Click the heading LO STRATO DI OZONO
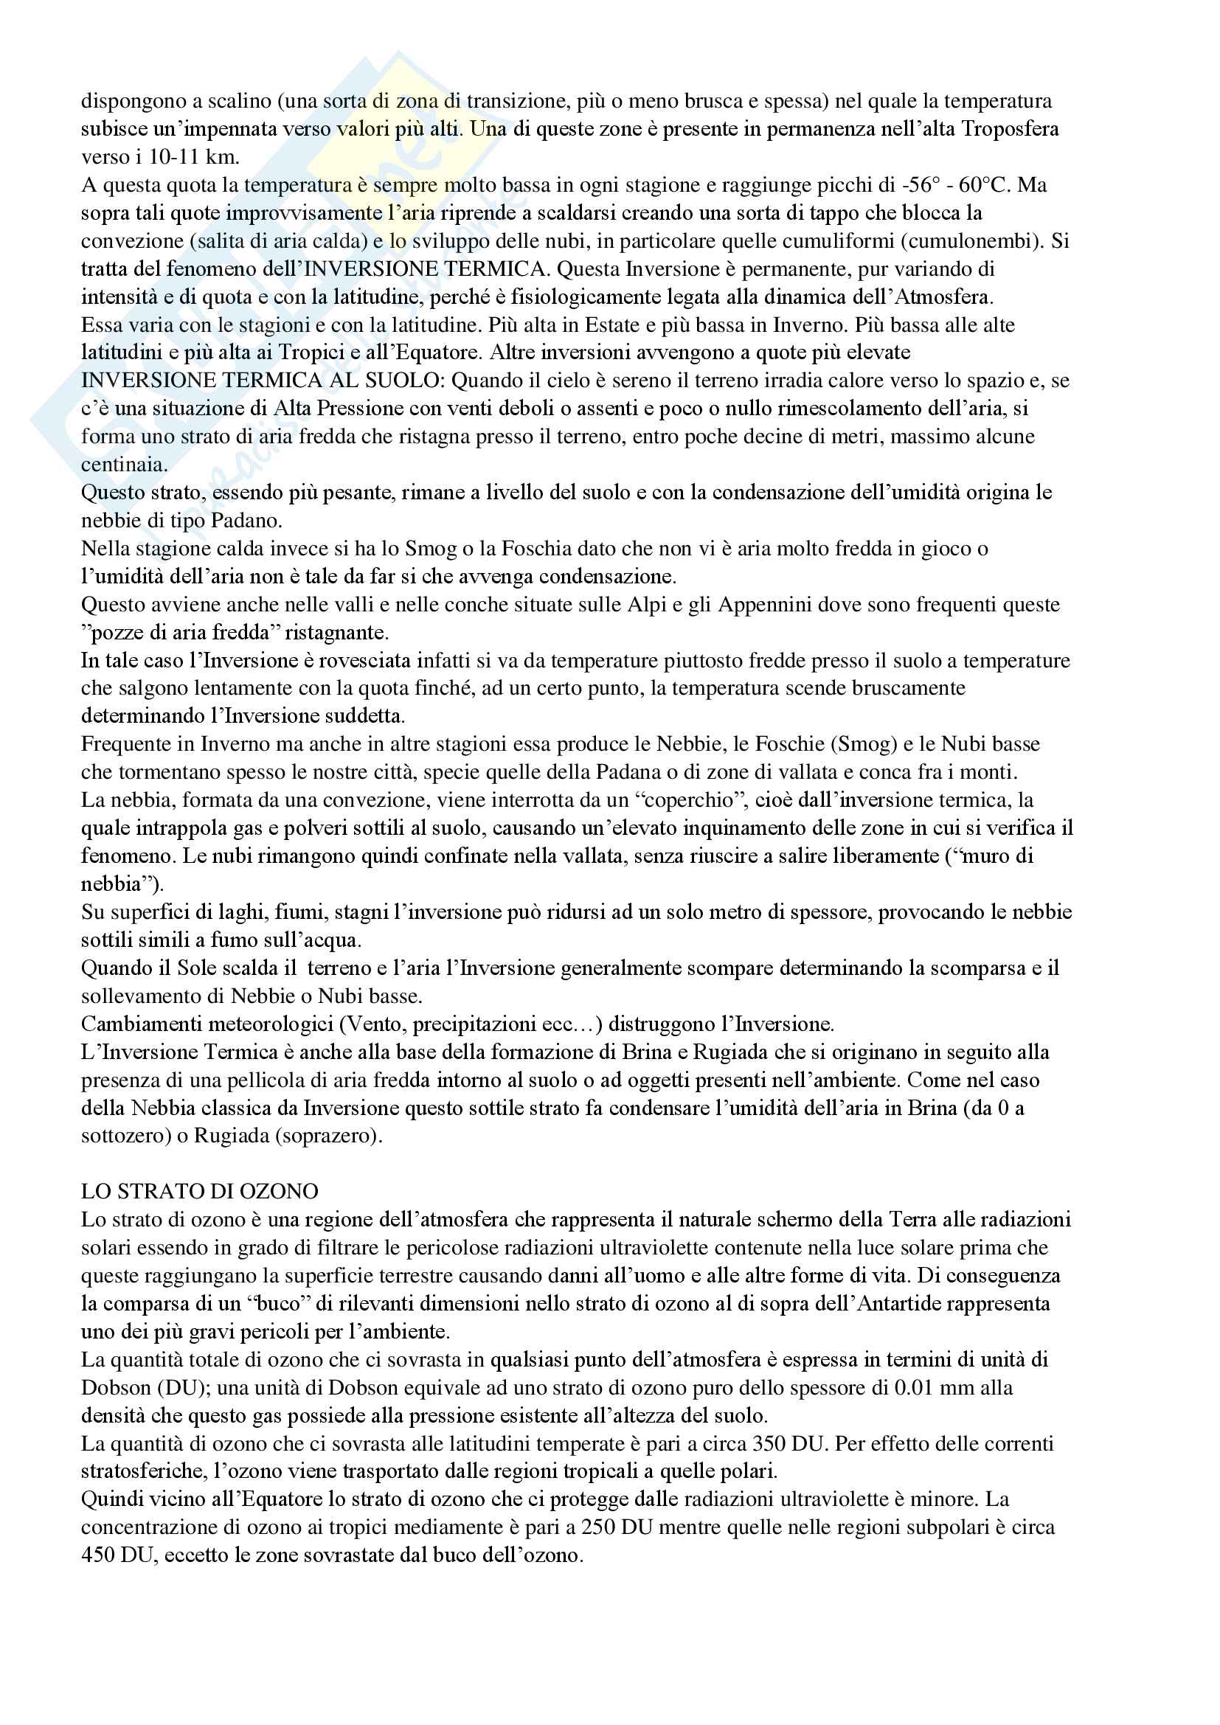tap(199, 1192)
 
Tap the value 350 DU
tap(789, 1443)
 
